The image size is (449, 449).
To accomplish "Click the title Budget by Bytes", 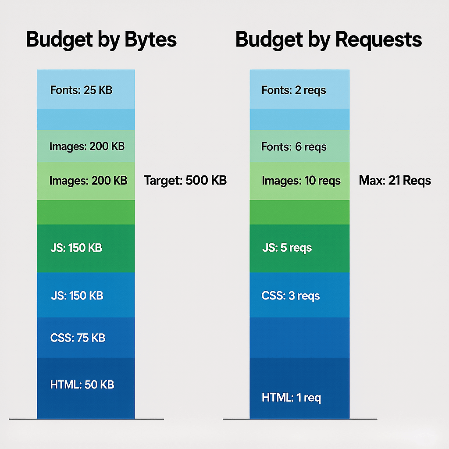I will point(101,39).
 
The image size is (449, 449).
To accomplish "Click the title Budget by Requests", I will point(328,39).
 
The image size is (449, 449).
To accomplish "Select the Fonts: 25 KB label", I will point(82,90).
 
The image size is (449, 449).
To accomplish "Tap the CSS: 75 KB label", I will point(78,338).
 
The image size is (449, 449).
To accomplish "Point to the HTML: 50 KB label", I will point(82,385).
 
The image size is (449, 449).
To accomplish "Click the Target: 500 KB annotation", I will point(185,180).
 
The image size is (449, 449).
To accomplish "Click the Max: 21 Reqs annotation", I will point(395,180).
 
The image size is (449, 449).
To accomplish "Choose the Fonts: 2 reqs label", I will point(294,90).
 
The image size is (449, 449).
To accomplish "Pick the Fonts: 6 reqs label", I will point(294,146).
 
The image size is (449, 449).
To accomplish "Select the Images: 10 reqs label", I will point(301,180).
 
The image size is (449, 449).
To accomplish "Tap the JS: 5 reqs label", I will point(287,248).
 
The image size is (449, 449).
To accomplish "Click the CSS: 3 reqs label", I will point(291,296).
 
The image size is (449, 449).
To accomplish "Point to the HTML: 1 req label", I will point(291,398).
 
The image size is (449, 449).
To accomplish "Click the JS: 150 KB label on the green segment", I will point(76,248).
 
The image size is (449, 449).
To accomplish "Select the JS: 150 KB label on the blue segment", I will point(77,296).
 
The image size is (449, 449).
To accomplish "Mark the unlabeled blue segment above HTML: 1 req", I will point(299,337).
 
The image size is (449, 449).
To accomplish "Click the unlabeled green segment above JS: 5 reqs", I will point(299,212).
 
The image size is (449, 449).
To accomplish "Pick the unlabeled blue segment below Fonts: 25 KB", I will point(86,119).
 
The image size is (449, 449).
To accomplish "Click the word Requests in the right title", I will point(378,39).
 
